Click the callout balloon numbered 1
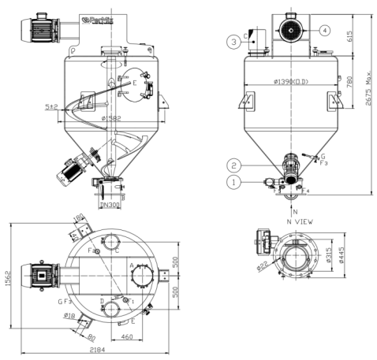234,182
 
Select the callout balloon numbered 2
234,165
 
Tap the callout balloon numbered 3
234,41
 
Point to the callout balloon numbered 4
324,31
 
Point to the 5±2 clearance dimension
52,106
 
